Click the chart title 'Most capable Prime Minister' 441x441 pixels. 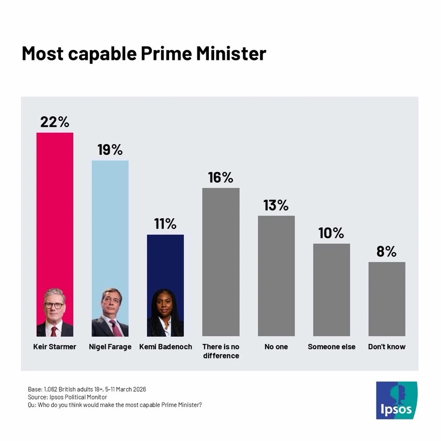[144, 54]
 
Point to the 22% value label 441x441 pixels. [55, 122]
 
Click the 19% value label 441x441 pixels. [110, 150]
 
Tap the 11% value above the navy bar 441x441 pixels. [165, 224]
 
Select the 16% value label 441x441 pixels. [220, 178]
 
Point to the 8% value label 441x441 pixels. [386, 251]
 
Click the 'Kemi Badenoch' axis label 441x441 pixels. [165, 347]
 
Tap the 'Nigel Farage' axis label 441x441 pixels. [110, 347]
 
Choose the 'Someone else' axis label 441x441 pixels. [331, 347]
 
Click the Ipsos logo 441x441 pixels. [396, 400]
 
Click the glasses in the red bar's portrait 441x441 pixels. [54, 305]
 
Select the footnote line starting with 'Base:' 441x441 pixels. [87, 389]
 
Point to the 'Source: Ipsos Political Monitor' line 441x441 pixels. [68, 397]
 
